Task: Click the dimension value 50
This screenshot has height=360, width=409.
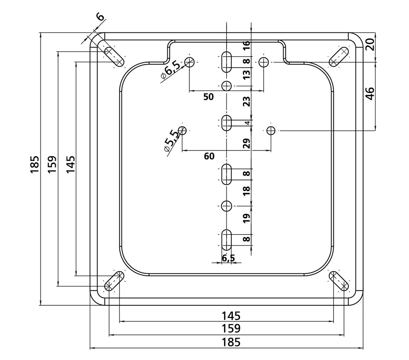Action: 208,97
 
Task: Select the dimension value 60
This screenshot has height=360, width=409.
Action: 209,156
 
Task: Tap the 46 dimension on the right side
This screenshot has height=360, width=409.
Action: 370,93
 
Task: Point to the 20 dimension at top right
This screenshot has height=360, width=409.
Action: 370,44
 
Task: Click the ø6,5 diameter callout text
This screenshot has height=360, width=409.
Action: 171,69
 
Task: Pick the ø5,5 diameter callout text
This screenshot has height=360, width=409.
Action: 171,141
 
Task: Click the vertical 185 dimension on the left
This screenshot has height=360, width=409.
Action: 34,164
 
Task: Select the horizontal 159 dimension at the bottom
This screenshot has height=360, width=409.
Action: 231,328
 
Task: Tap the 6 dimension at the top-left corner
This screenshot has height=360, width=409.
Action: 100,17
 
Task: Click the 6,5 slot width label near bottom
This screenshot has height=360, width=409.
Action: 228,258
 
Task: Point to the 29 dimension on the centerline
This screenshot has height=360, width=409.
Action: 246,143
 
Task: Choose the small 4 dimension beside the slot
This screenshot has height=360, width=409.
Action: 248,123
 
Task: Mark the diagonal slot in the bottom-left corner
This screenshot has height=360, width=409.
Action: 114,281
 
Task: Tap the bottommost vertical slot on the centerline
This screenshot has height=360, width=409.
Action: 226,240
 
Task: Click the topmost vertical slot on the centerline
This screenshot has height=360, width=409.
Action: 226,62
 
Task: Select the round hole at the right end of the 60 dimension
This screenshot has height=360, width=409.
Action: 271,130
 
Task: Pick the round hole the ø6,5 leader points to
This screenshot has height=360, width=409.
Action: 190,62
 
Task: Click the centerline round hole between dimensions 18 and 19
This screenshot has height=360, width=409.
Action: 226,206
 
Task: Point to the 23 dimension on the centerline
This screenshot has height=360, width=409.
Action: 246,101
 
